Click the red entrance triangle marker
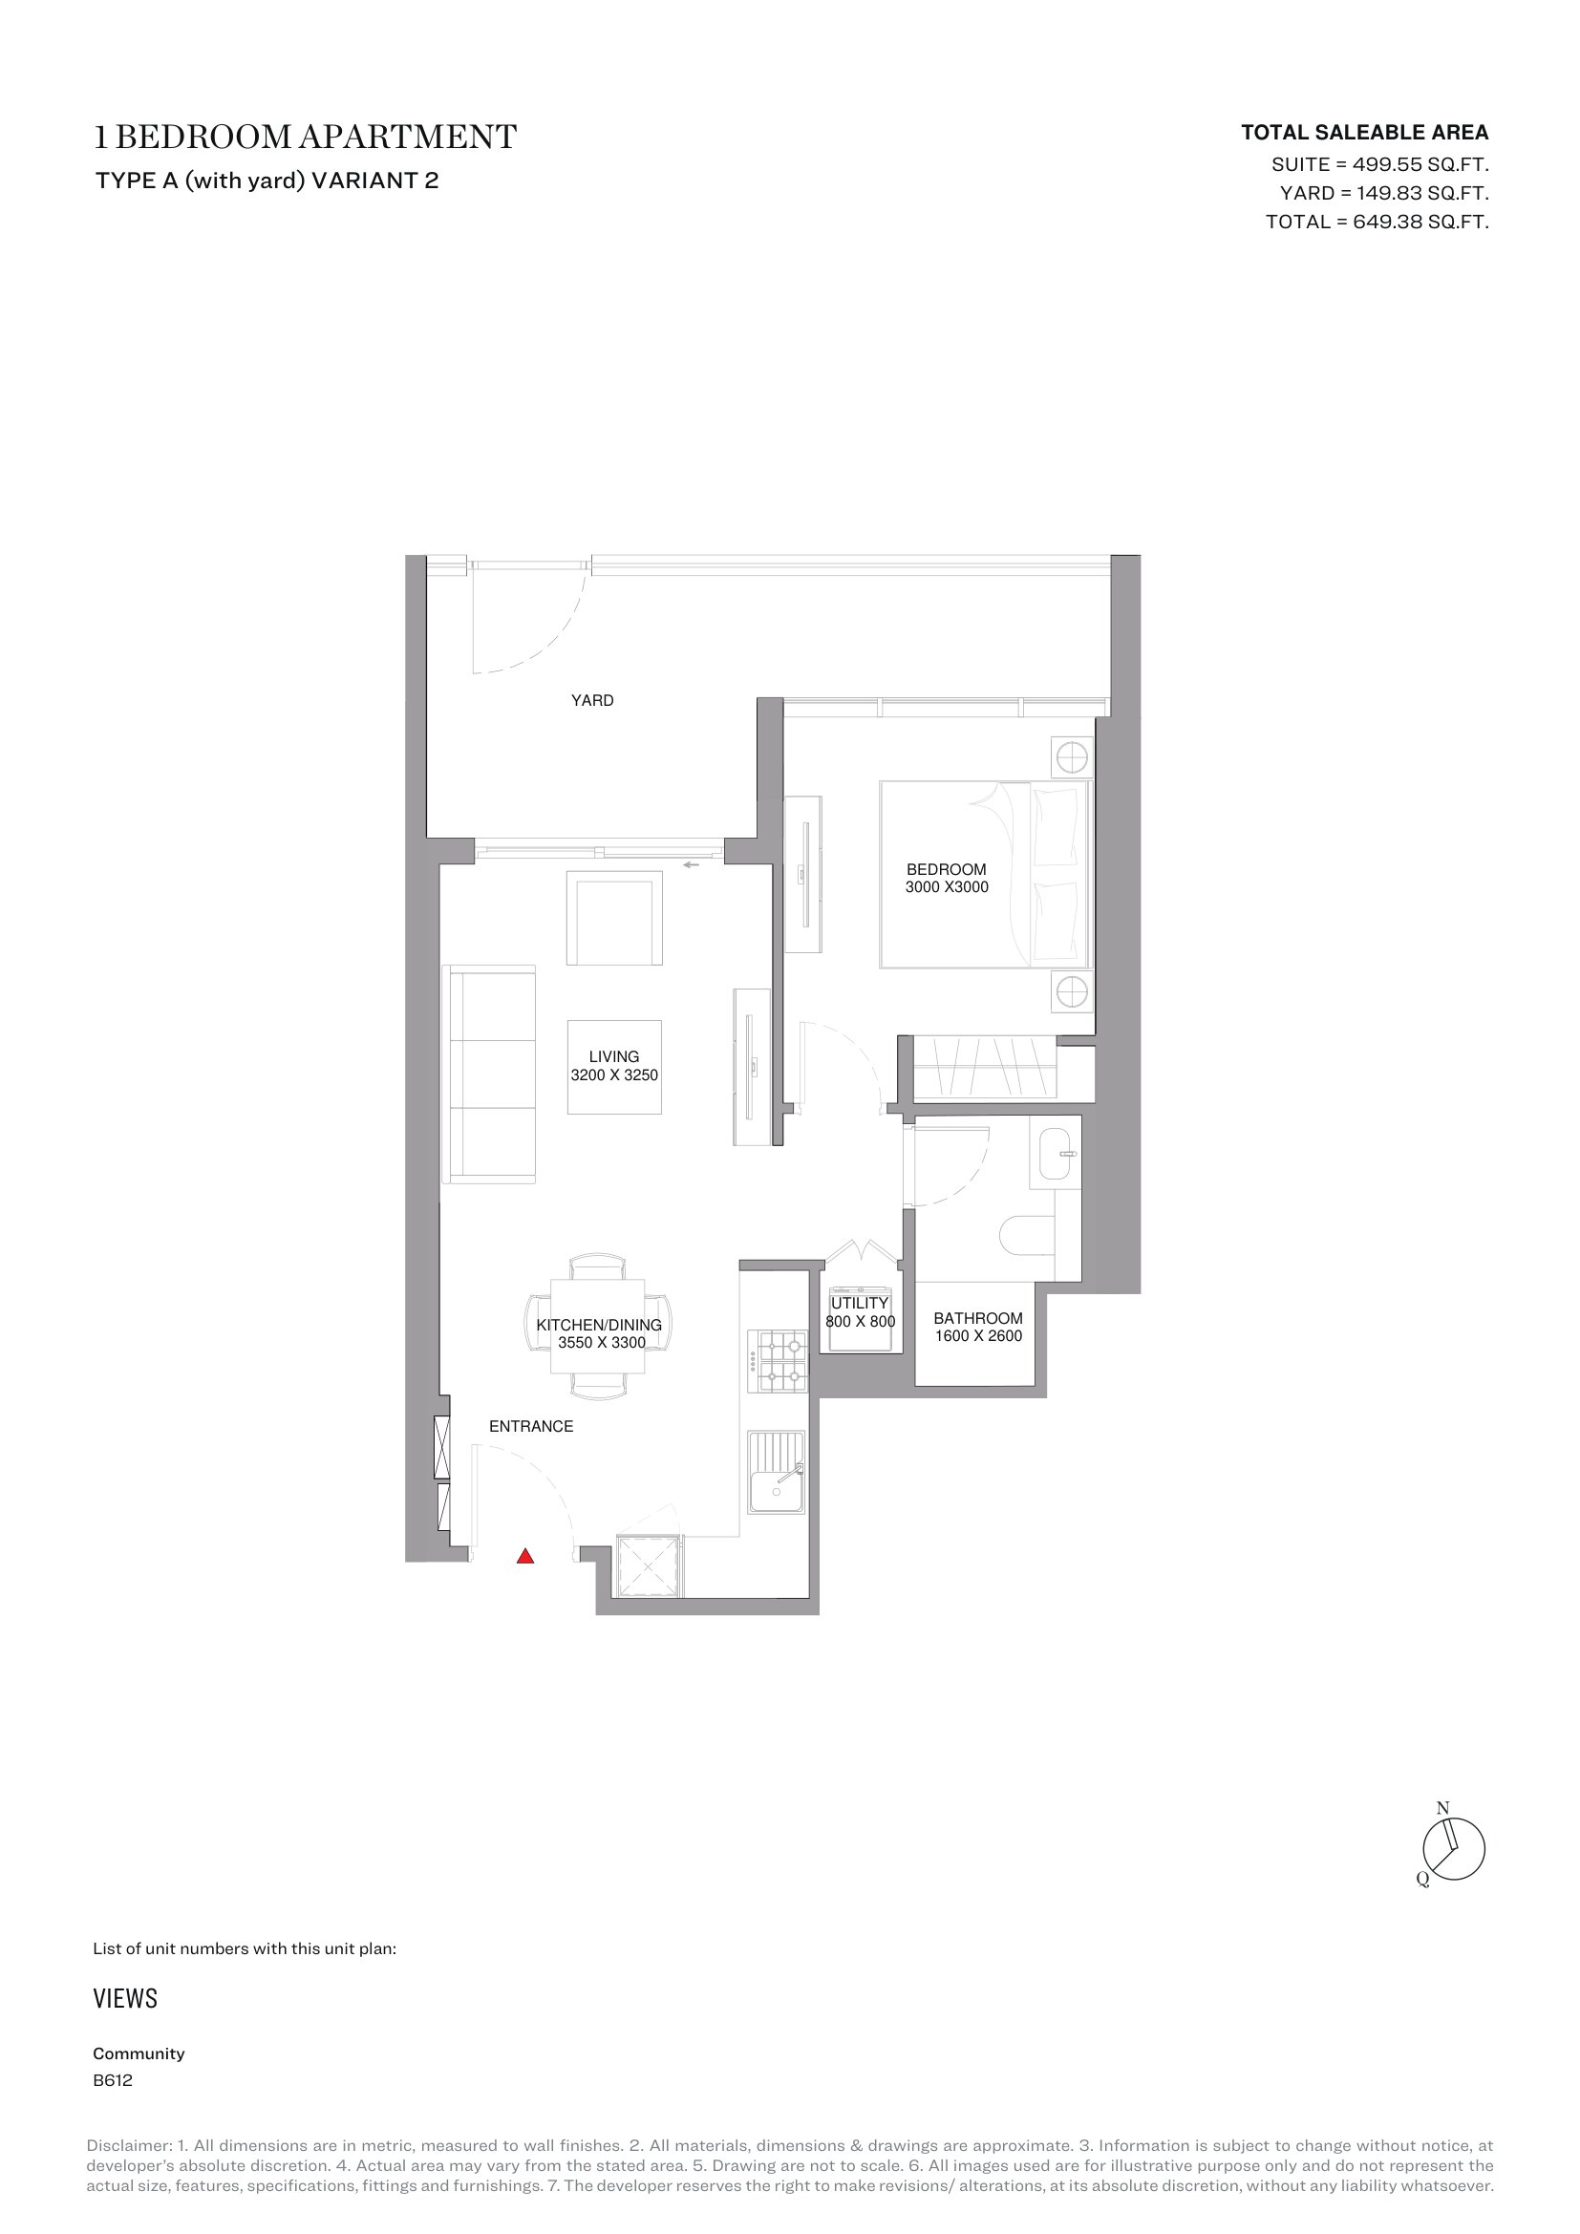point(525,1556)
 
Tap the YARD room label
point(592,700)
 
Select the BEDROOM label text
point(947,869)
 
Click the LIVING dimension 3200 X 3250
point(614,1075)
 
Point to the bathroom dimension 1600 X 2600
point(979,1336)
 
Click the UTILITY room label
point(860,1303)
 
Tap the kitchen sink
point(777,1472)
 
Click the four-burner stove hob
point(778,1361)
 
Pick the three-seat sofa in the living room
point(489,1074)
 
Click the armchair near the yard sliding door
point(615,918)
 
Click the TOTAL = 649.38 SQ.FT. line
point(1377,222)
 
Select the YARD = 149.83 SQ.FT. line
point(1384,193)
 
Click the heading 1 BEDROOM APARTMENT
point(306,138)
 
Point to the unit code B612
point(113,2080)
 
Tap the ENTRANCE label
point(531,1426)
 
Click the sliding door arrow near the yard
point(692,864)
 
